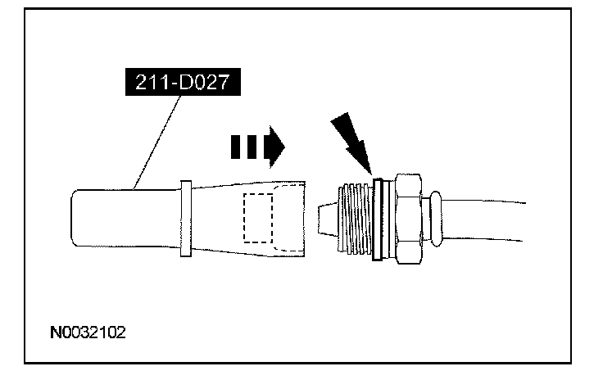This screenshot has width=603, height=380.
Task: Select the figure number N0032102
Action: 88,335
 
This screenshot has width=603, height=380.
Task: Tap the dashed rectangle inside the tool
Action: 259,217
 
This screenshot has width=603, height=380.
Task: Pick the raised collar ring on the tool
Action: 184,218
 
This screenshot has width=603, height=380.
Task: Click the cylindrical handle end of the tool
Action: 123,217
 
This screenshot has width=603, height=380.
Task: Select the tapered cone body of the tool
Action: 221,217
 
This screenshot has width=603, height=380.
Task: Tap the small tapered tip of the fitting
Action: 324,219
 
